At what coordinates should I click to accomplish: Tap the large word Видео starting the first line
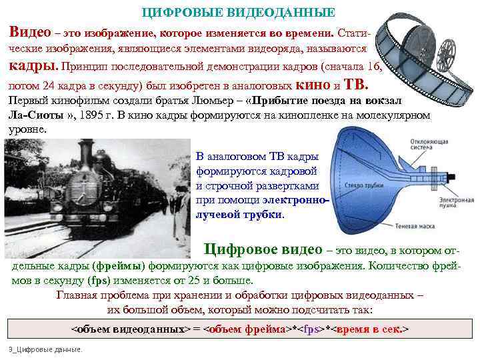point(30,31)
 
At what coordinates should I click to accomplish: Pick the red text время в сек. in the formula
point(369,329)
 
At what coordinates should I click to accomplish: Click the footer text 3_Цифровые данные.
point(45,349)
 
